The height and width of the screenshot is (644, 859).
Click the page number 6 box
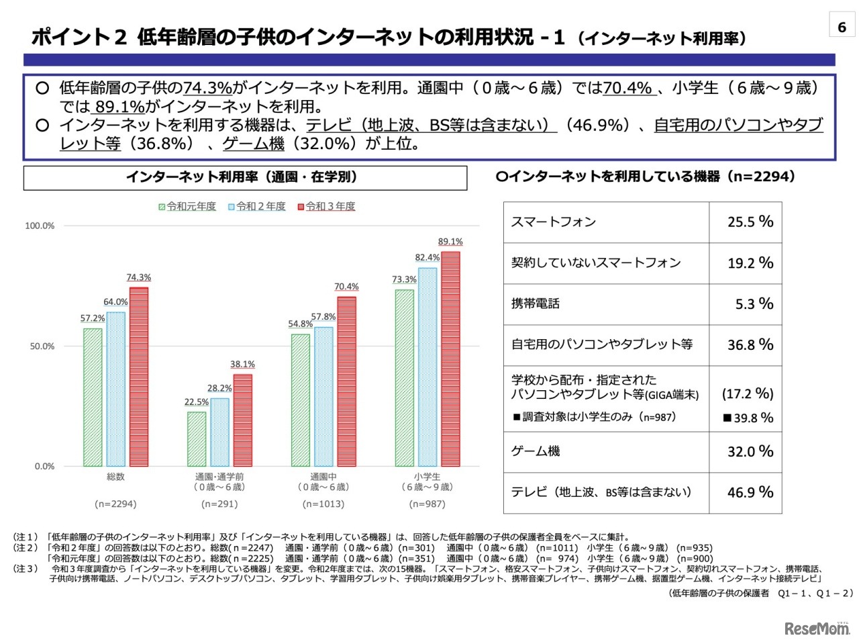tap(842, 27)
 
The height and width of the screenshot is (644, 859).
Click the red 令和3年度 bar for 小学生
tap(450, 359)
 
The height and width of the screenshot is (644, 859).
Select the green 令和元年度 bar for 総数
tap(93, 397)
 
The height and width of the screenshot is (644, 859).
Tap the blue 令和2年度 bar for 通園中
tap(323, 396)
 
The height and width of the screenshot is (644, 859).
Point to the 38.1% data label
tap(242, 365)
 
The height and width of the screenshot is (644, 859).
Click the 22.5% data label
tap(197, 402)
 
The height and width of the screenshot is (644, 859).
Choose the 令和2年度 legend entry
tap(257, 206)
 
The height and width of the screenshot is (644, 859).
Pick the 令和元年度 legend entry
tap(187, 206)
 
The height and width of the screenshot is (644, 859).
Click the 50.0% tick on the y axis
tap(42, 347)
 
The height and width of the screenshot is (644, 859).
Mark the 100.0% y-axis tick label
tap(40, 226)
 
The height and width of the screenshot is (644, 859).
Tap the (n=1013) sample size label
tap(323, 504)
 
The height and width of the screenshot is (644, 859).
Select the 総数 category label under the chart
tap(115, 477)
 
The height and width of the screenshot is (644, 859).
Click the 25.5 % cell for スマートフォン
tap(750, 222)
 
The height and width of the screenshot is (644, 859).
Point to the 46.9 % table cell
tap(750, 492)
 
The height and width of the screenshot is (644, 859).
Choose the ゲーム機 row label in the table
tap(536, 451)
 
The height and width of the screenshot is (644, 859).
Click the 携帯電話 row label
tap(536, 304)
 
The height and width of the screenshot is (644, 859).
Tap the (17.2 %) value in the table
tap(748, 394)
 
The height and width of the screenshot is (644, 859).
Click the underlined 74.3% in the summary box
tap(207, 88)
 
